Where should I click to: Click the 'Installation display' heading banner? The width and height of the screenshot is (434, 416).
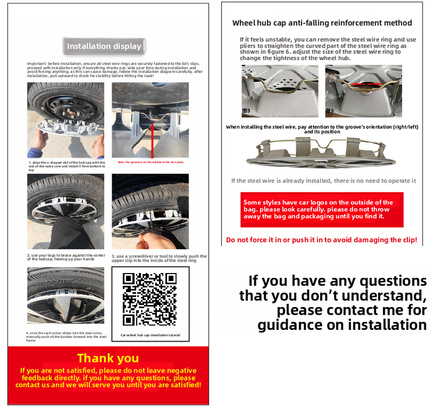pyautogui.click(x=104, y=47)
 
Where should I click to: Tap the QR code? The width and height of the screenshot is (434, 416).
pyautogui.click(x=150, y=299)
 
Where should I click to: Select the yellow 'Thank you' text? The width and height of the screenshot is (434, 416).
pyautogui.click(x=108, y=358)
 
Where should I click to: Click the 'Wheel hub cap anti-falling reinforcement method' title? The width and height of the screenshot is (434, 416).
pyautogui.click(x=322, y=23)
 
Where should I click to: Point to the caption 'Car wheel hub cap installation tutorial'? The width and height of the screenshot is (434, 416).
pyautogui.click(x=150, y=336)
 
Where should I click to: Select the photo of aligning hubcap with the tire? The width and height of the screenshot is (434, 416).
pyautogui.click(x=66, y=120)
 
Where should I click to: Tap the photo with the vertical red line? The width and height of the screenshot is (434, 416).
pyautogui.click(x=150, y=120)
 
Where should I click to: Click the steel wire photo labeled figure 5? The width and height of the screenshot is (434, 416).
pyautogui.click(x=279, y=91)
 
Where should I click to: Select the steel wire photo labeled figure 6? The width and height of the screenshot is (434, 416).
pyautogui.click(x=363, y=91)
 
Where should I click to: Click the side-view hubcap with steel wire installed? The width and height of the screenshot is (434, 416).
pyautogui.click(x=323, y=152)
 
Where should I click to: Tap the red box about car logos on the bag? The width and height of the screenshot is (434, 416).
pyautogui.click(x=322, y=209)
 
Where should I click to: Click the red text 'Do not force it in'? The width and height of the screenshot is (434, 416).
pyautogui.click(x=322, y=240)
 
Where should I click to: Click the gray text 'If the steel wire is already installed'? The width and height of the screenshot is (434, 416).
pyautogui.click(x=323, y=181)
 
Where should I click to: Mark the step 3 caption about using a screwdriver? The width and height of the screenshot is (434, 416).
pyautogui.click(x=159, y=258)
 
